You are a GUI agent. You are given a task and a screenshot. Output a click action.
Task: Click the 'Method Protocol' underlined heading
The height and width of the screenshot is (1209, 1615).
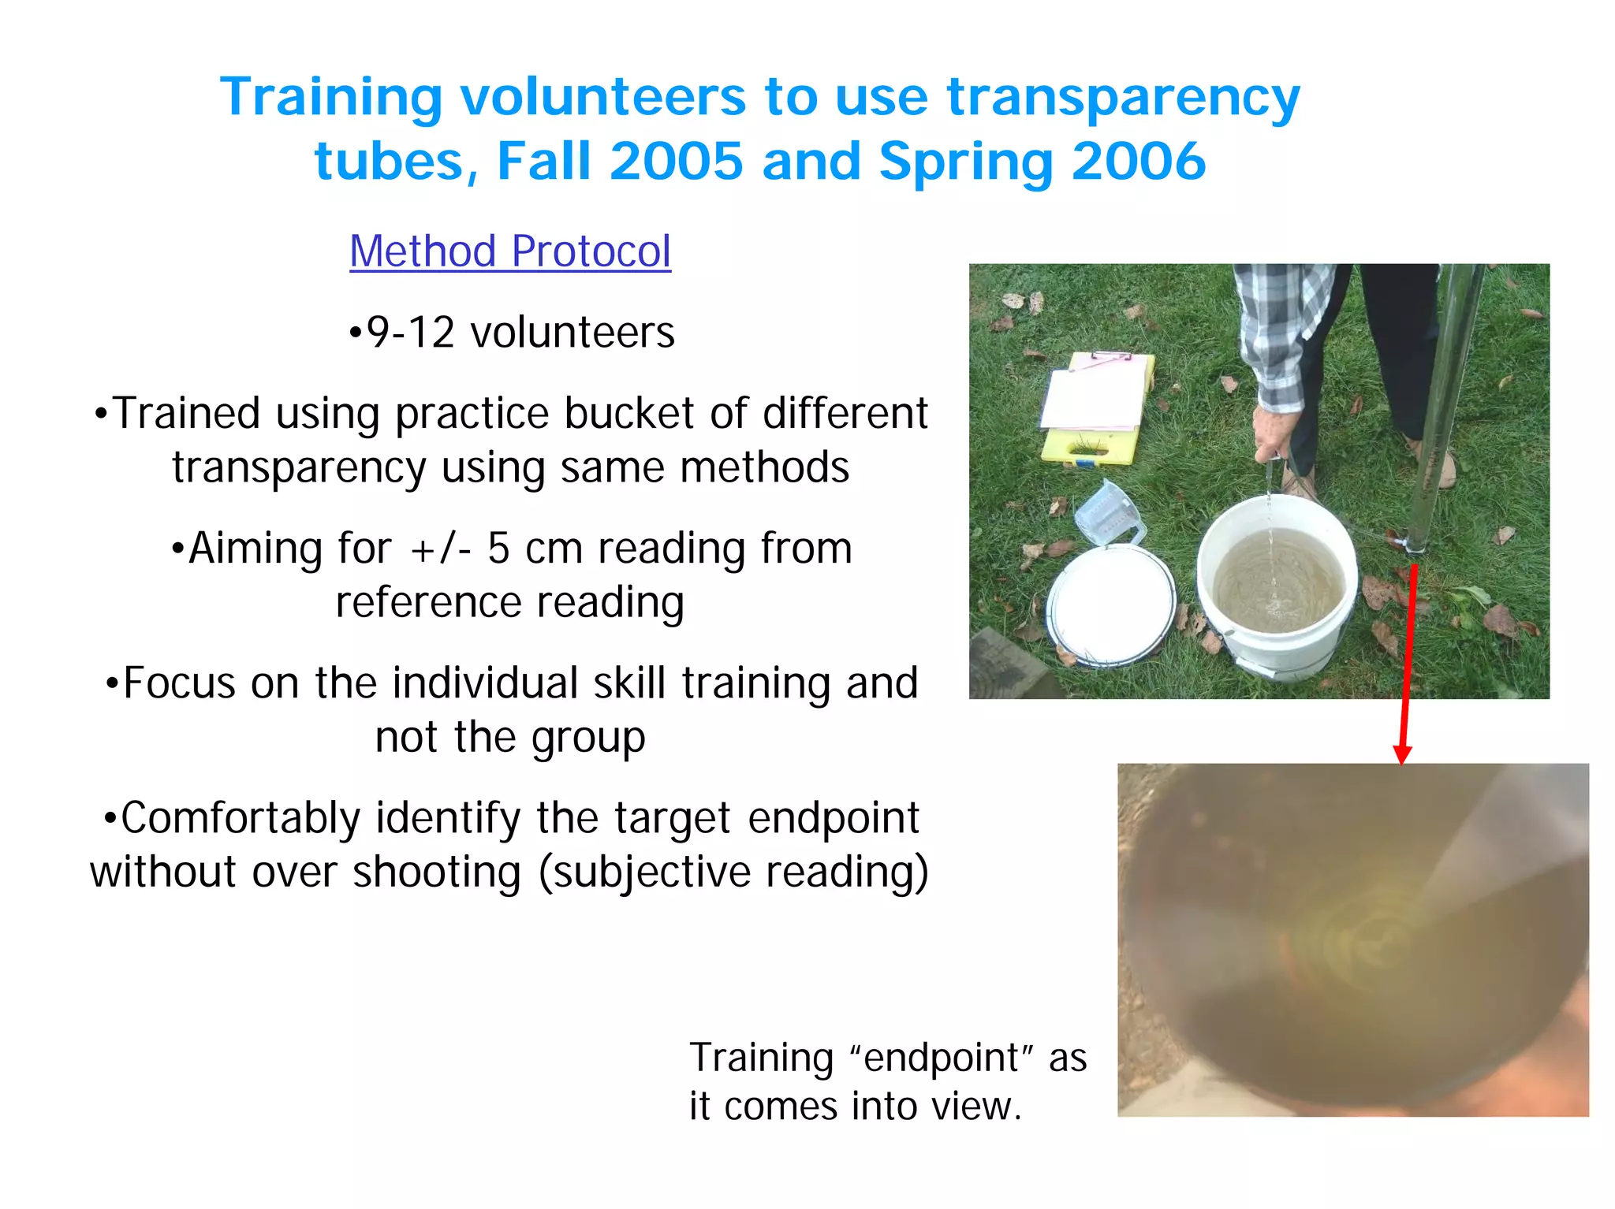[510, 251]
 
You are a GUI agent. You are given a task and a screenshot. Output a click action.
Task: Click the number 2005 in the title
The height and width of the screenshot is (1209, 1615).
[676, 161]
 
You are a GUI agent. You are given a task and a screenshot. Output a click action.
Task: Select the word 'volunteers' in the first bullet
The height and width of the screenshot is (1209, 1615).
[573, 332]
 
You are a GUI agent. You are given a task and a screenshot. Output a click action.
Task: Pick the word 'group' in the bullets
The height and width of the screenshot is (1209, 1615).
[588, 738]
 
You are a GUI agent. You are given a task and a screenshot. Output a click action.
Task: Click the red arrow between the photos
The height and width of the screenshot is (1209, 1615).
[1408, 662]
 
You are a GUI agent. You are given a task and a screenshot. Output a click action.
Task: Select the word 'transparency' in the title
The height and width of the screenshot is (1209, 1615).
[1123, 98]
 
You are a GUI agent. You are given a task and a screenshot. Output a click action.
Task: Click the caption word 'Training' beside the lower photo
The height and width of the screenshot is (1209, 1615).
[761, 1058]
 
